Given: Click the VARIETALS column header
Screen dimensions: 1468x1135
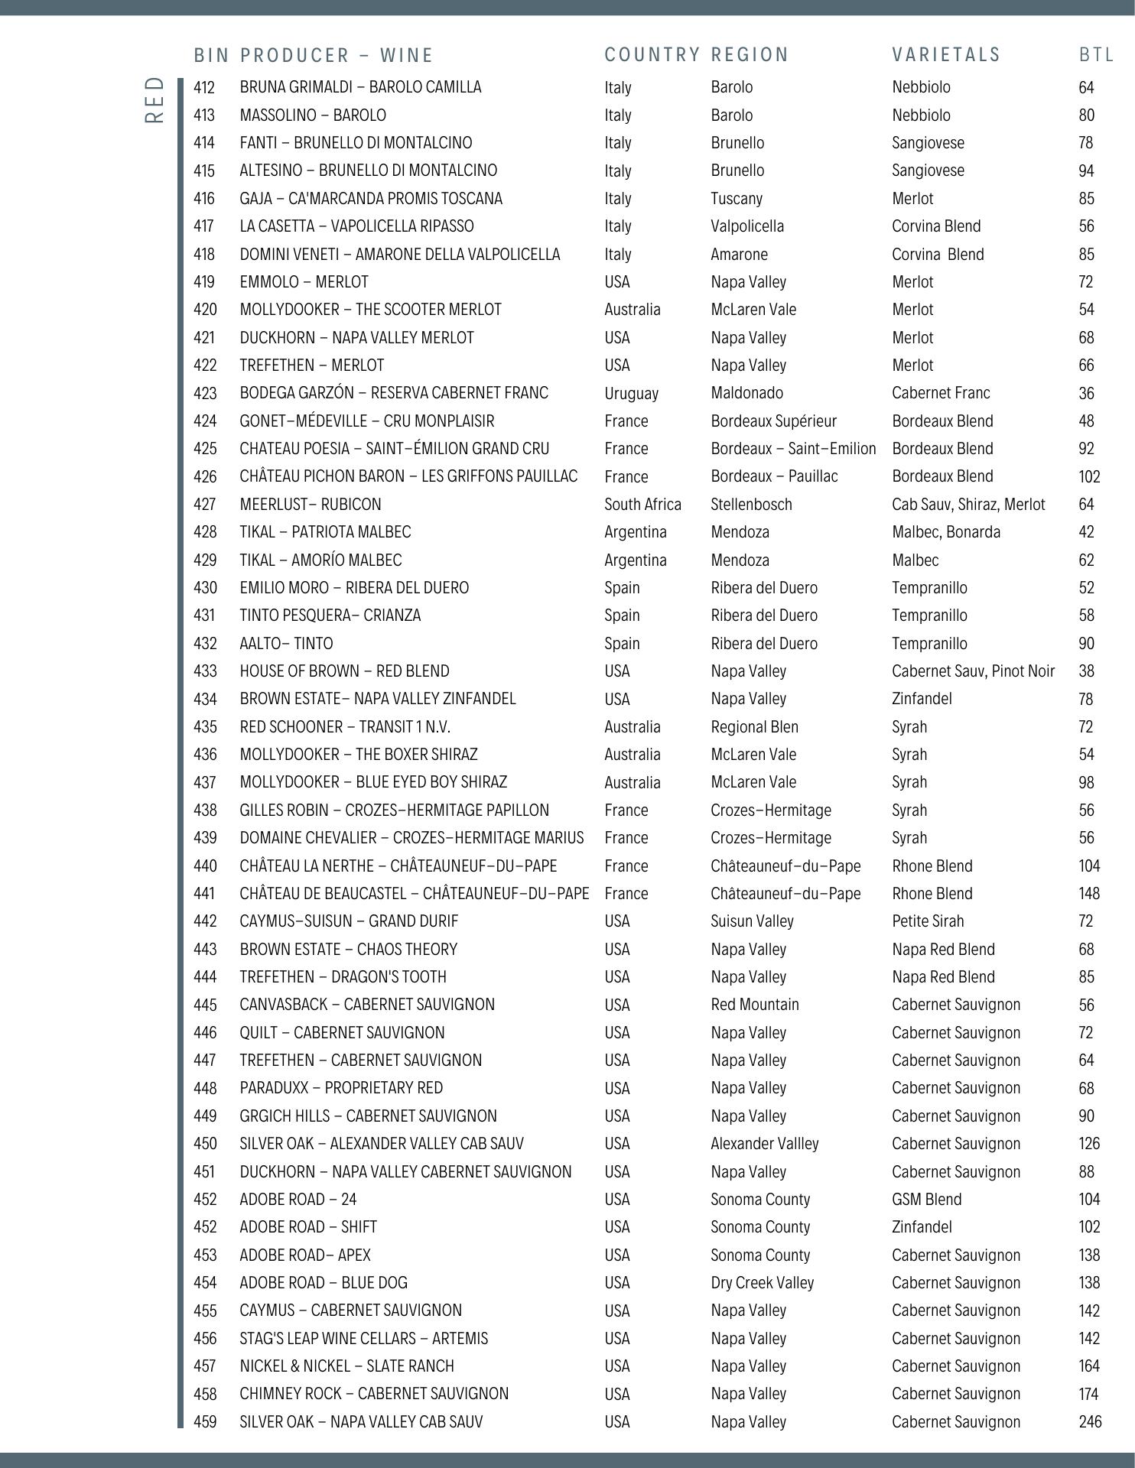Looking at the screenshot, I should pos(946,55).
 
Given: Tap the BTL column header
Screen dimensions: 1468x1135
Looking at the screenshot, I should pos(1097,55).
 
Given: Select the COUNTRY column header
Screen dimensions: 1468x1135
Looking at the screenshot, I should pos(652,55).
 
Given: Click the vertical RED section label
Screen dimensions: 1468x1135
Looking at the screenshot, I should pos(154,99).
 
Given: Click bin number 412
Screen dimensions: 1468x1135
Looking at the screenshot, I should pos(204,87).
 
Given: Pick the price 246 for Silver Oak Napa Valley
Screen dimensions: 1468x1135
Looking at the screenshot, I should pos(1090,1421).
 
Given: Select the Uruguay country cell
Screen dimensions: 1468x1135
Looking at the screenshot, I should pos(631,393).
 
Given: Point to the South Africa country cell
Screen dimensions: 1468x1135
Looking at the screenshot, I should pos(642,505).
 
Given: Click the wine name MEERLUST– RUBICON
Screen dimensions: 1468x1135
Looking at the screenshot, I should pos(311,505).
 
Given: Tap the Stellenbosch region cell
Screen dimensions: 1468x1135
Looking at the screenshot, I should pos(751,505).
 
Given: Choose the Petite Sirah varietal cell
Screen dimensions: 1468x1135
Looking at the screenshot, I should pos(928,921).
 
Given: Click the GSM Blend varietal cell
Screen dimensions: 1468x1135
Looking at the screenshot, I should pos(926,1199).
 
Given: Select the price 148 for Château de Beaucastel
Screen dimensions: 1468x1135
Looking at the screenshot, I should pos(1089,893).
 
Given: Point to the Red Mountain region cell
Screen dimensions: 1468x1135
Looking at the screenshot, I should pos(754,1005).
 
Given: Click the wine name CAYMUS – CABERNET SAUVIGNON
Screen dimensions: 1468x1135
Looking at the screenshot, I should pos(350,1310).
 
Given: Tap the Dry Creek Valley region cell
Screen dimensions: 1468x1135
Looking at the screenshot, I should pos(762,1282).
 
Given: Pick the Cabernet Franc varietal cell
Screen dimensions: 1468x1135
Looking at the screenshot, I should pos(941,393).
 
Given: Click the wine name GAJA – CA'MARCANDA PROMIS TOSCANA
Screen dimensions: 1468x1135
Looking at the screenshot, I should pos(371,199).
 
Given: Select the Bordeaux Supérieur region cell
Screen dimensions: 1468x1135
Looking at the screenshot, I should pos(773,421).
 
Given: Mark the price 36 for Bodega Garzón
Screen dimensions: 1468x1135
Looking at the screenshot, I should pos(1086,393).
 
